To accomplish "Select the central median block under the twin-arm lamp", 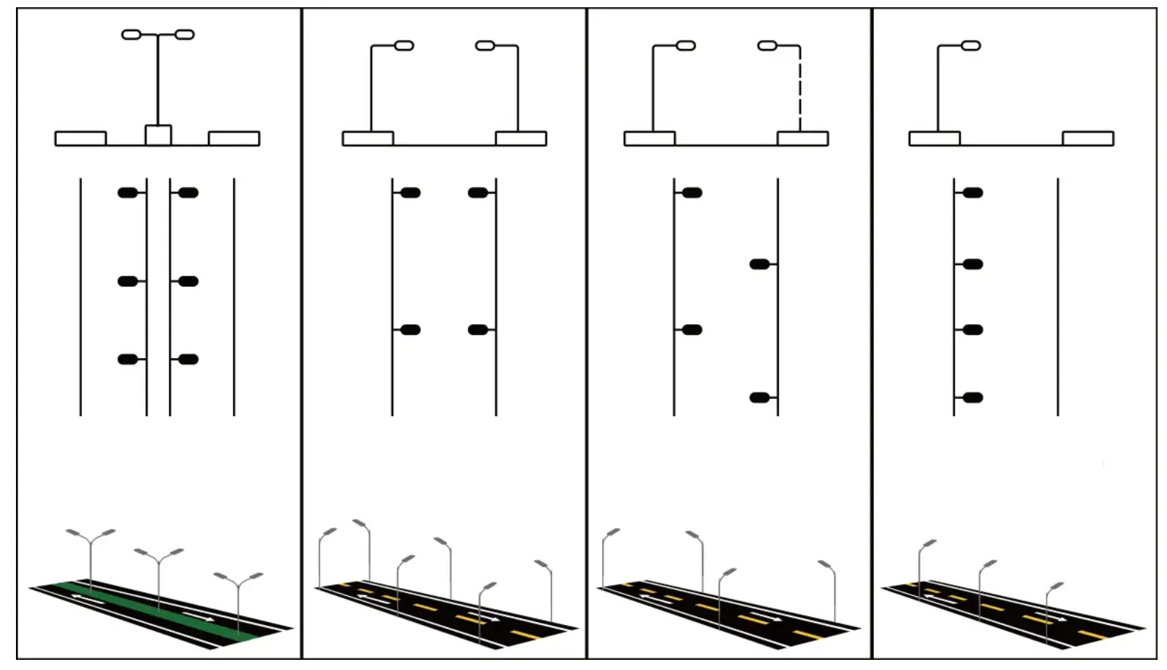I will [158, 136].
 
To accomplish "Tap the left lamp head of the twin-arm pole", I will [131, 34].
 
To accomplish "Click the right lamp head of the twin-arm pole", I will [185, 34].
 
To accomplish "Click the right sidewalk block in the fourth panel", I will [1088, 138].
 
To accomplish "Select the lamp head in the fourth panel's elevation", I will [970, 46].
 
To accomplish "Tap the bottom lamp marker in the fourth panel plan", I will [973, 397].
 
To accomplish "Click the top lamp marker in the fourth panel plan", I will [973, 193].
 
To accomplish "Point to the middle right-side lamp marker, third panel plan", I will [759, 264].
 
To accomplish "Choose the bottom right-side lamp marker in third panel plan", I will [759, 397].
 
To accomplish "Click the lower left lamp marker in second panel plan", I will [411, 330].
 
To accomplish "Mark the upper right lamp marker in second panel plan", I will [477, 193].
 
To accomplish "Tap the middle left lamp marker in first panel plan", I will [128, 281].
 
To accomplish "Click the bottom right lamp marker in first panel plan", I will [189, 359].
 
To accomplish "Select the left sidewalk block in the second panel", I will [368, 138].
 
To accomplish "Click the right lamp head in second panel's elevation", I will [485, 46].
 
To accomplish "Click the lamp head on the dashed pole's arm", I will [767, 46].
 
